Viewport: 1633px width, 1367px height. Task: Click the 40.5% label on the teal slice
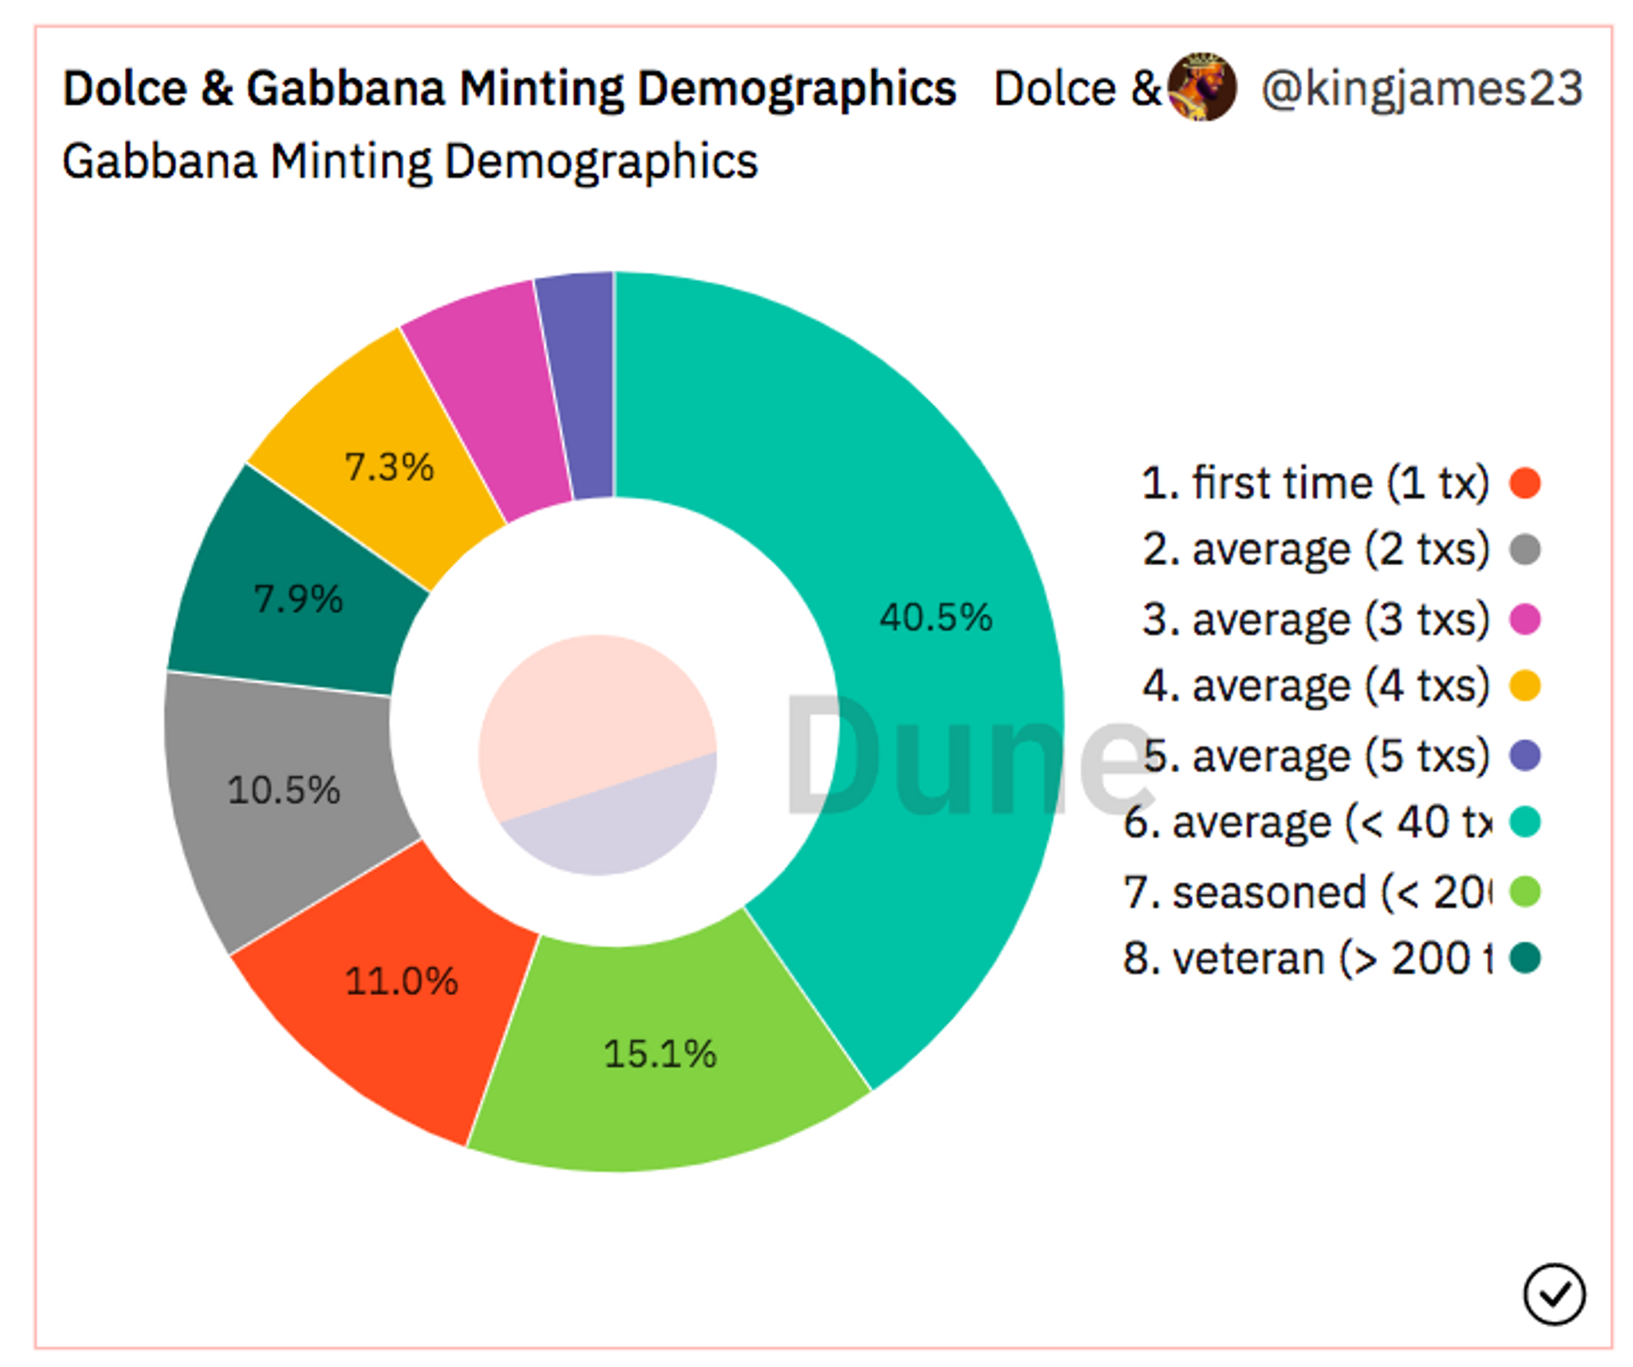tap(935, 617)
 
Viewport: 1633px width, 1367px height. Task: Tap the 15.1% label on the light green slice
tap(660, 1054)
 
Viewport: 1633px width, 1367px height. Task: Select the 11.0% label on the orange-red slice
tap(401, 981)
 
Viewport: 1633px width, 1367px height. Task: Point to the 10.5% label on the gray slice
tap(283, 789)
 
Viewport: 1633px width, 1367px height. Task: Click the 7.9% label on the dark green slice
tap(298, 599)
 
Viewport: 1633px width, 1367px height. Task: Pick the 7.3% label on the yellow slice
tap(389, 467)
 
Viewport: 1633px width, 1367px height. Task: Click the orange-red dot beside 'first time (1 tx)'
tap(1525, 483)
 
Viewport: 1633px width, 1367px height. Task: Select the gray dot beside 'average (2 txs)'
tap(1525, 550)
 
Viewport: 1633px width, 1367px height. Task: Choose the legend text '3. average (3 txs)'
tap(1315, 620)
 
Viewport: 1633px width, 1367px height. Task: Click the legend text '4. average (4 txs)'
tap(1315, 685)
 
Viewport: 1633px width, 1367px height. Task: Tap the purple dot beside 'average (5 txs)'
tap(1525, 755)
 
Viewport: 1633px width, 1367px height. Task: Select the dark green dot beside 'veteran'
tap(1525, 958)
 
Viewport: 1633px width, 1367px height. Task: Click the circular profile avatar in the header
tap(1202, 87)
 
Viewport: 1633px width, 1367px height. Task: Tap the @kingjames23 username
tap(1422, 88)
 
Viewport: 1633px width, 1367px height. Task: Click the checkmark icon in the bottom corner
tap(1554, 1293)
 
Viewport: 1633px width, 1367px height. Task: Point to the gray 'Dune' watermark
tap(966, 756)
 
